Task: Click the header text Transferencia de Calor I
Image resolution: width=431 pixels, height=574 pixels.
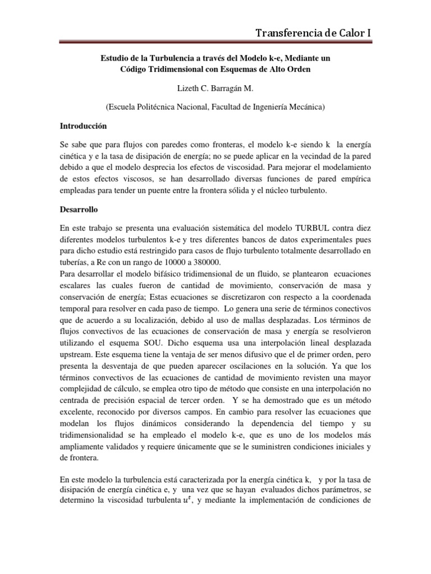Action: [x=313, y=34]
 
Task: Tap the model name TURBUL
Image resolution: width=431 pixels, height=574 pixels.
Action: [x=295, y=229]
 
